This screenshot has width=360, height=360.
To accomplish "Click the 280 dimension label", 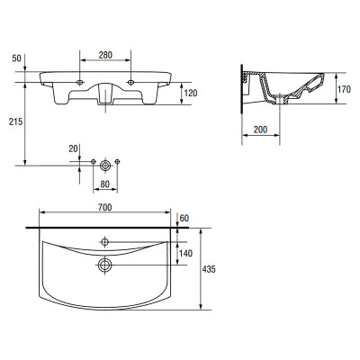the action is click(x=105, y=55).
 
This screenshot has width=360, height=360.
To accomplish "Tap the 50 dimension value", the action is click(x=17, y=58).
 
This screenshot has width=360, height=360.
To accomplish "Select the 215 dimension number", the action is click(x=15, y=121).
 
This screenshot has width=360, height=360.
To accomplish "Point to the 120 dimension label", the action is click(x=191, y=93).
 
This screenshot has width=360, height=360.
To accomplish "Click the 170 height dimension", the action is click(x=344, y=89).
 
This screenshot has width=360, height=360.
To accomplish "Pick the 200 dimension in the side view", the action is click(x=260, y=130).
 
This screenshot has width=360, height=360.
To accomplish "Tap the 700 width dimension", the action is click(x=105, y=207).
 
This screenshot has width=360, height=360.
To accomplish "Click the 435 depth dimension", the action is click(x=209, y=269).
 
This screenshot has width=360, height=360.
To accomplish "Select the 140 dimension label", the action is click(x=185, y=254).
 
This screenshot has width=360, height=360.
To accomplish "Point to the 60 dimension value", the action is click(x=184, y=218).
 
